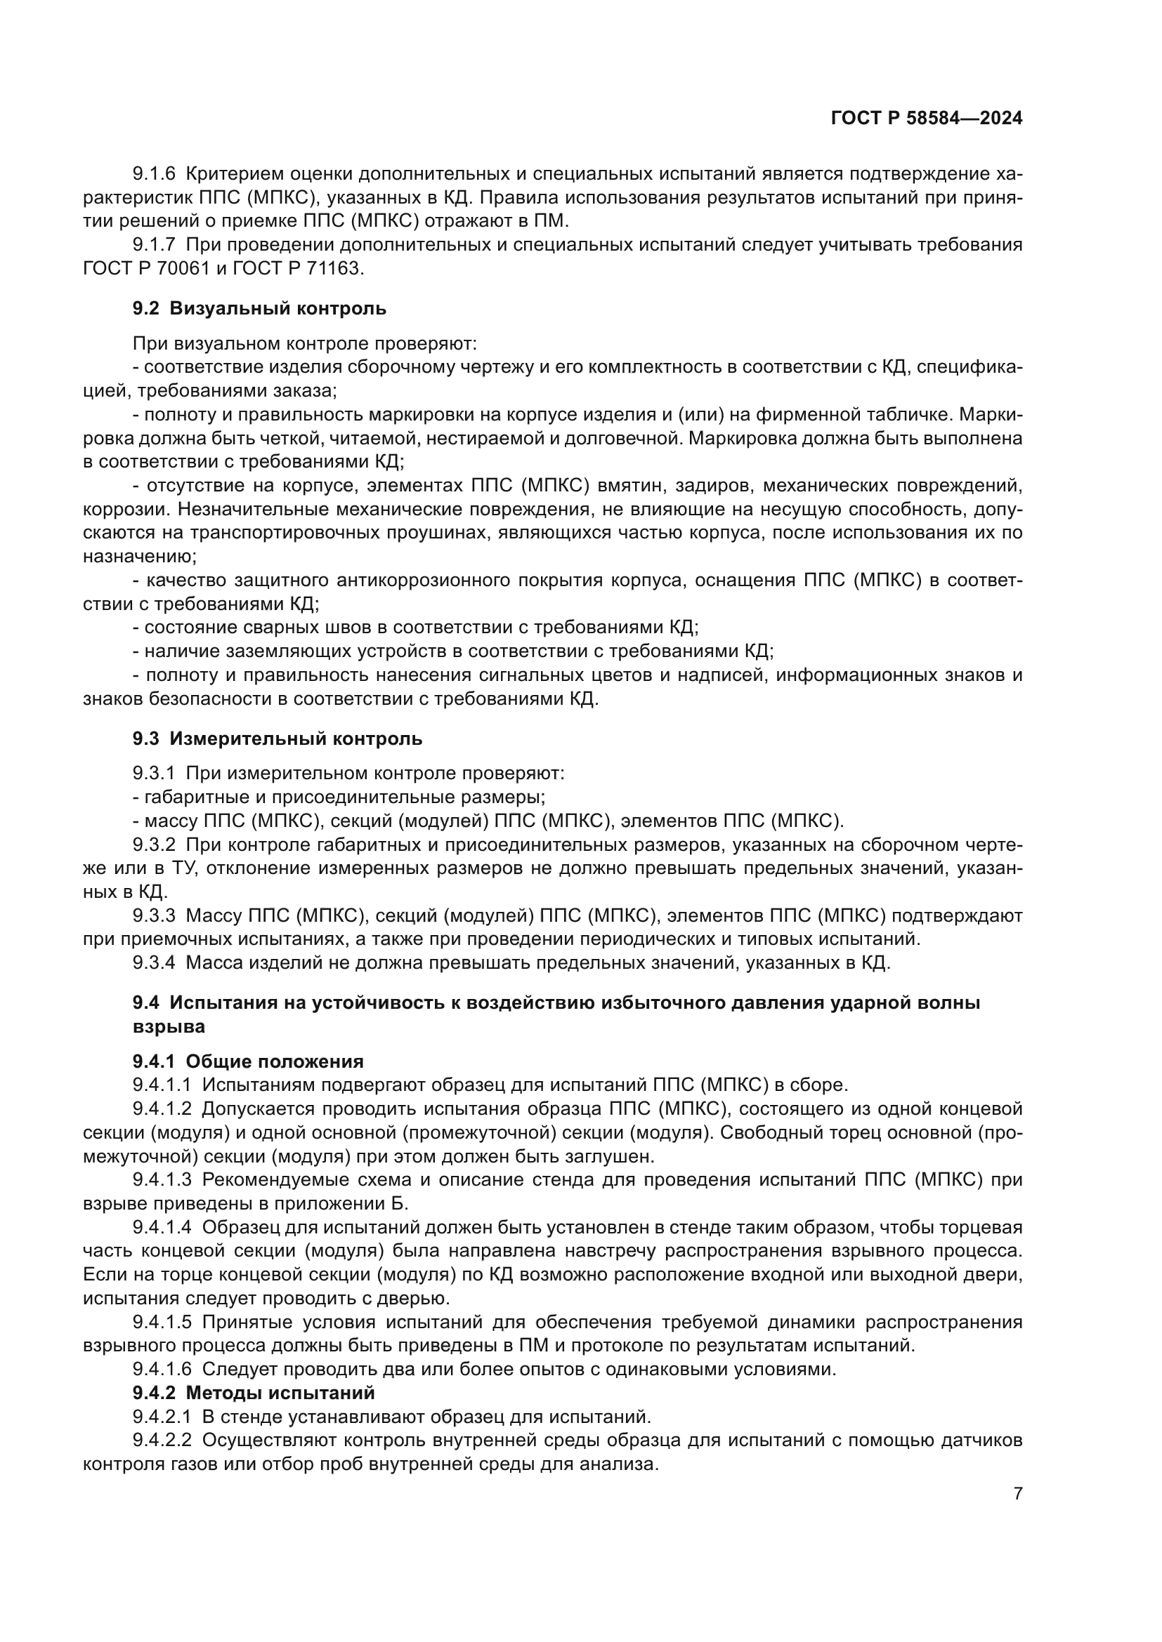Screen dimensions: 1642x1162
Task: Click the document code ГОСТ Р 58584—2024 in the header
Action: click(x=926, y=119)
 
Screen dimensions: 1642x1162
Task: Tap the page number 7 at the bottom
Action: click(x=1017, y=1514)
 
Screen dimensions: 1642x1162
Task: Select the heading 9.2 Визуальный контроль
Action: click(x=259, y=308)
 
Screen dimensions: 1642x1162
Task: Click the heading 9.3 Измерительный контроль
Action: click(x=277, y=738)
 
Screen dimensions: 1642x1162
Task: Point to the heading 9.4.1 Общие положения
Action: click(x=247, y=1061)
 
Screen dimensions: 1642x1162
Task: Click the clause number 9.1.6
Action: click(x=154, y=174)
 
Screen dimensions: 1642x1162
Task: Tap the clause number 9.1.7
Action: click(x=154, y=244)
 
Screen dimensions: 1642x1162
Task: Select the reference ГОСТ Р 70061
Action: click(x=144, y=268)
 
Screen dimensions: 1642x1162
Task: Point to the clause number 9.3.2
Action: click(x=154, y=845)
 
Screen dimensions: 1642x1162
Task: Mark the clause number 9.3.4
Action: click(x=154, y=962)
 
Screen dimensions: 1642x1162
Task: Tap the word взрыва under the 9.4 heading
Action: click(x=169, y=1026)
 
